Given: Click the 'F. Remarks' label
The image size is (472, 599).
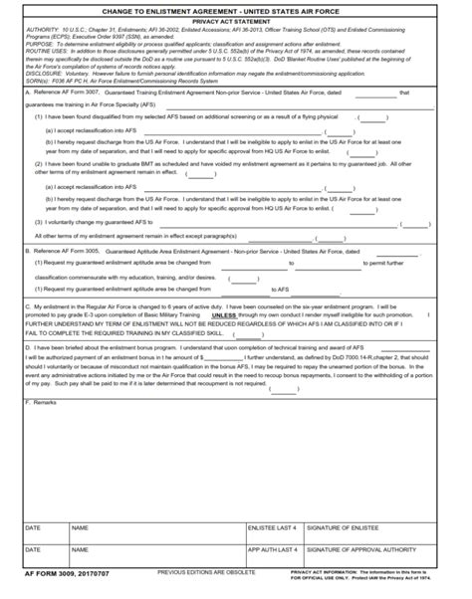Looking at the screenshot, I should coord(43,402).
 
